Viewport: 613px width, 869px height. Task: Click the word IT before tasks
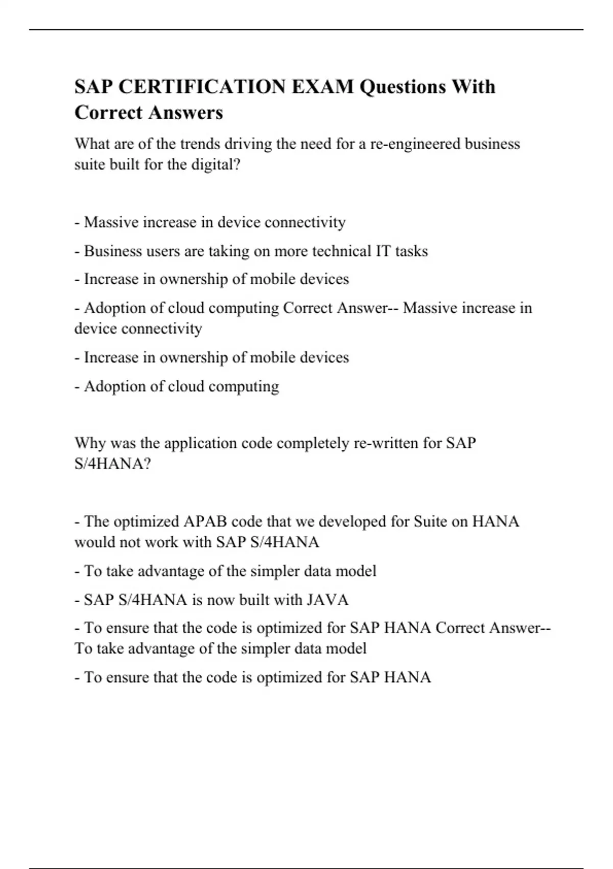383,251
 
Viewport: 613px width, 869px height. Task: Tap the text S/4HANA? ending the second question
113,464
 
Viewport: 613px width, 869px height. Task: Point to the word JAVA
328,600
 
